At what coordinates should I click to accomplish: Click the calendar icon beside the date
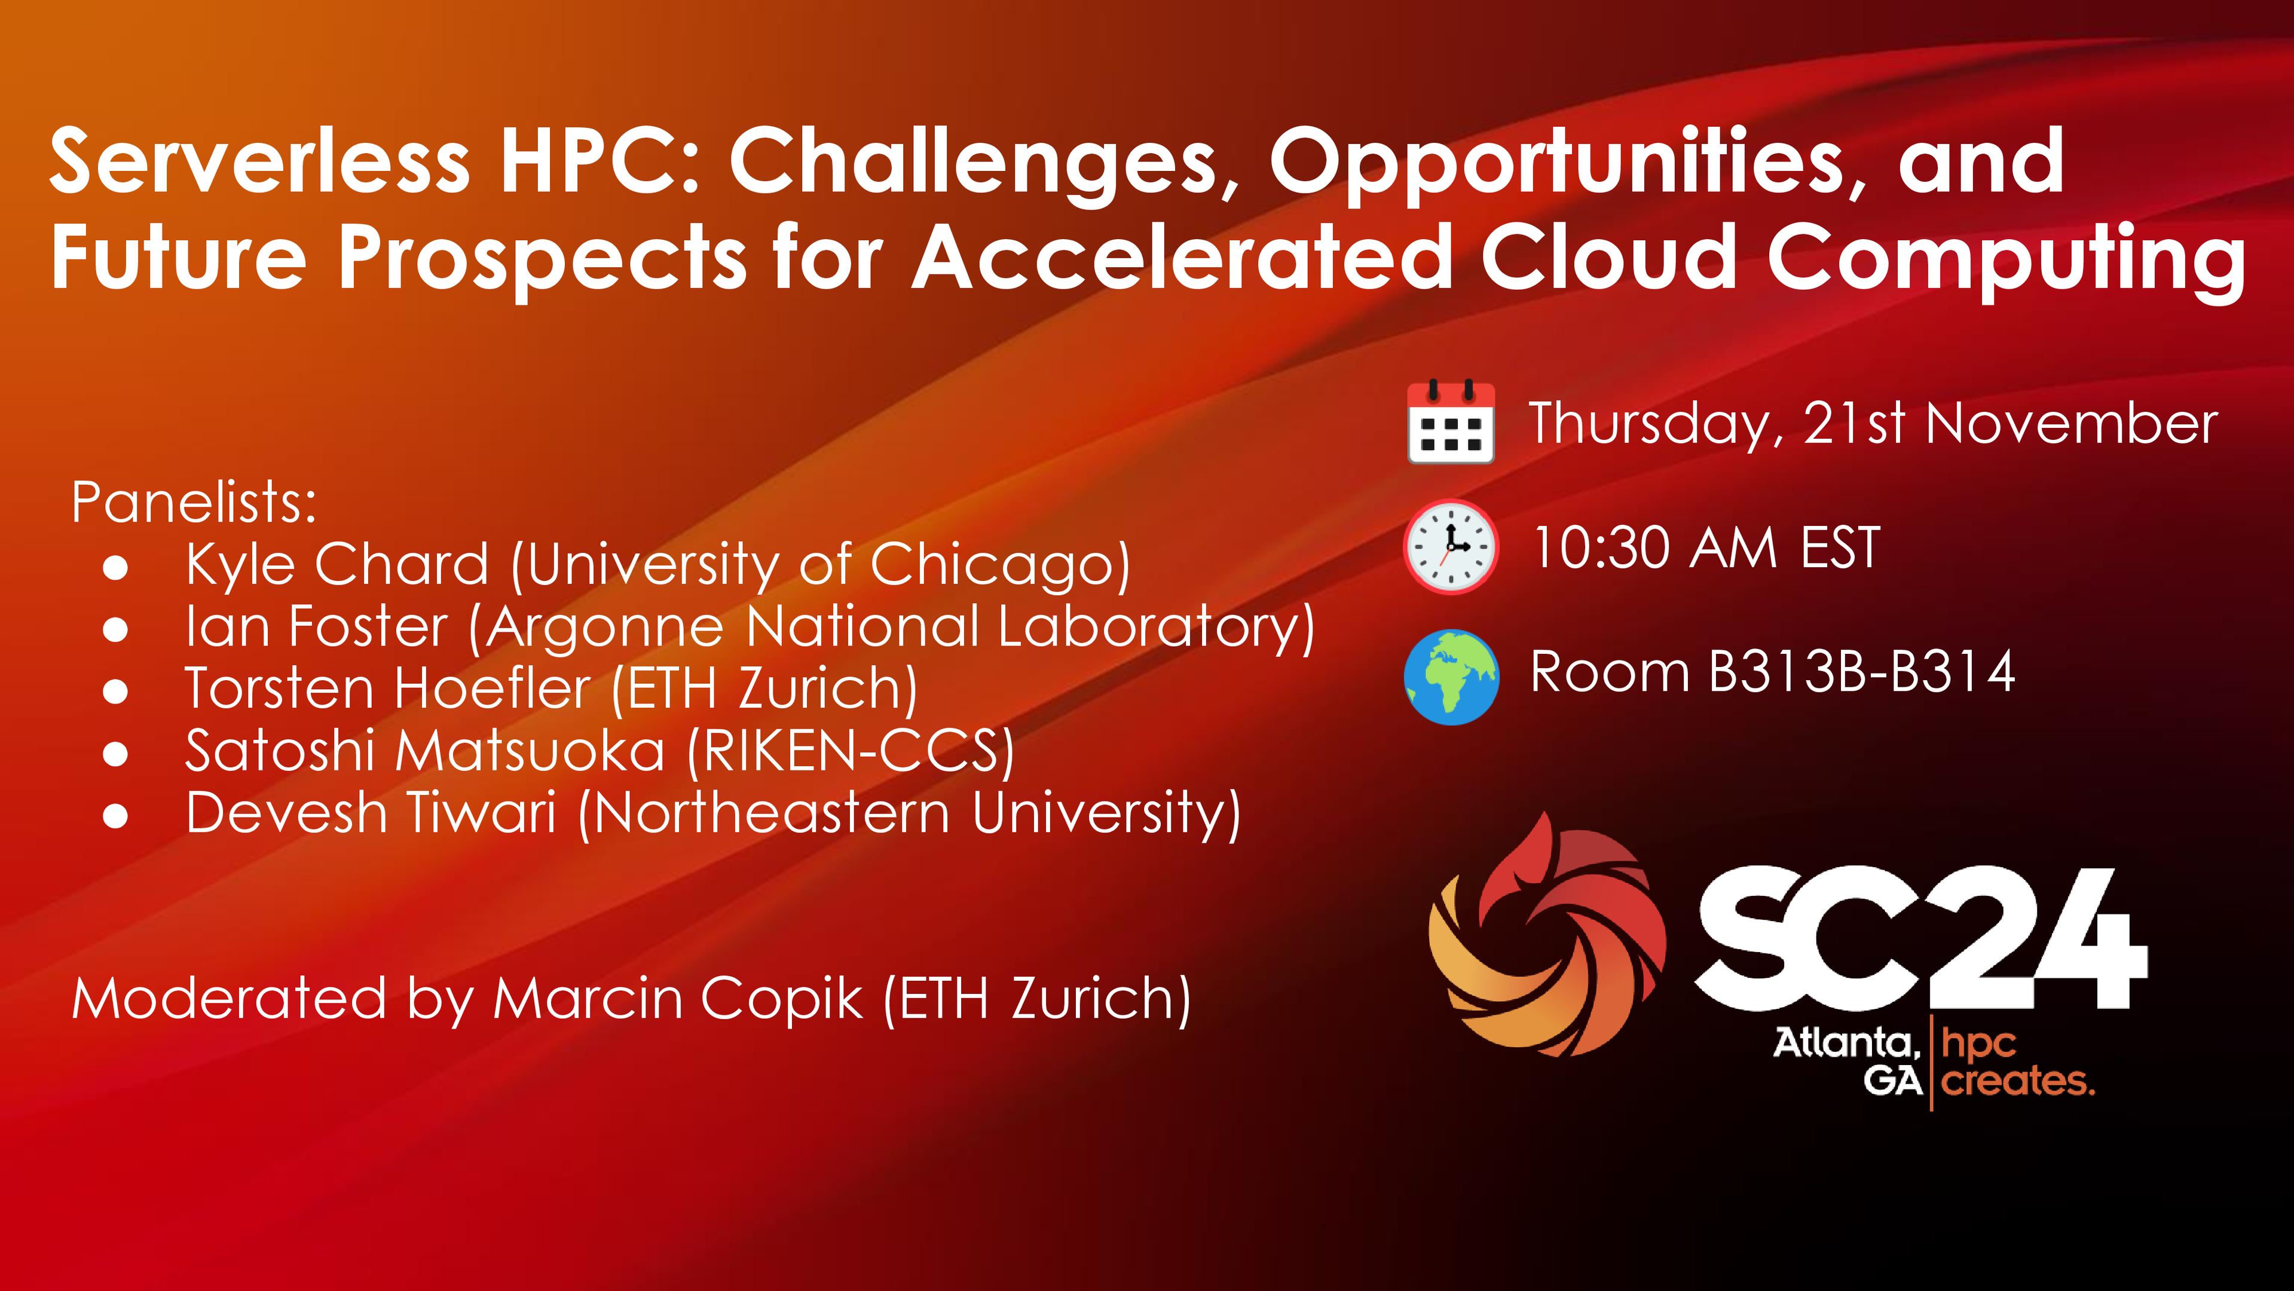(1451, 421)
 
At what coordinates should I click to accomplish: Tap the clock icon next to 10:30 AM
(1451, 547)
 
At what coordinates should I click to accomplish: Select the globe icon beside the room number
(1451, 677)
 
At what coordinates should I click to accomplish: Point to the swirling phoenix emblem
(1547, 935)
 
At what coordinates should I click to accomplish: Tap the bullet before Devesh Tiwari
(115, 816)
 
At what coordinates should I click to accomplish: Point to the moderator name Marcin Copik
(678, 998)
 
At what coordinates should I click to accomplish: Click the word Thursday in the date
(1656, 424)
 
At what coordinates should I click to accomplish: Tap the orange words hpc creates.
(2017, 1061)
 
